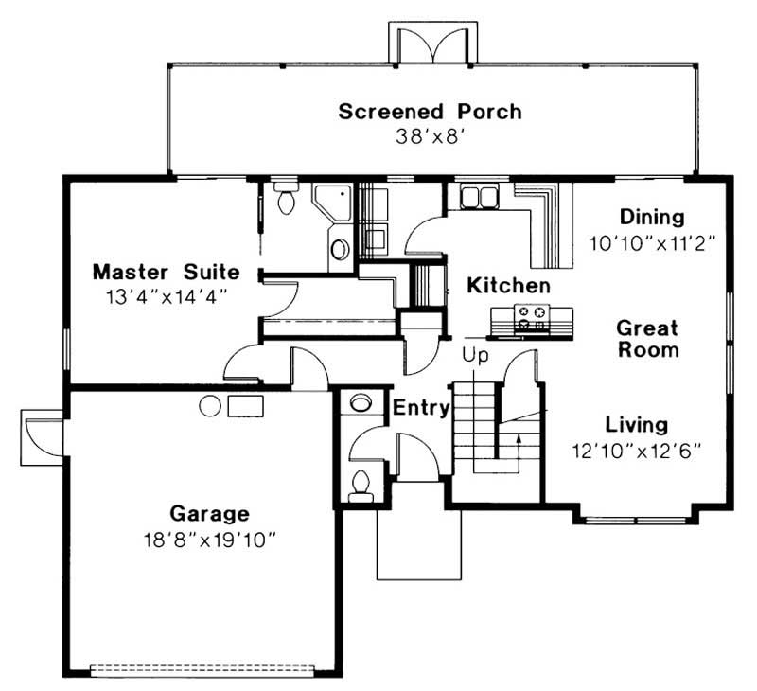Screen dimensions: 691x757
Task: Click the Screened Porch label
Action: coord(430,112)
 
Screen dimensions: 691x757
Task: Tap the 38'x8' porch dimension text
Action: coord(430,135)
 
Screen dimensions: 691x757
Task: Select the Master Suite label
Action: coord(166,273)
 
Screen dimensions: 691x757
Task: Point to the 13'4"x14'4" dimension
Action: coord(166,295)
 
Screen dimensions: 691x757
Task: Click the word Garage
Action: coord(209,515)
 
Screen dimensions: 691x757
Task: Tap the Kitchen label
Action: coord(508,285)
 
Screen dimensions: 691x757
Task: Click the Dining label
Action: coord(650,217)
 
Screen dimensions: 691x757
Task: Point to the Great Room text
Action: coord(648,339)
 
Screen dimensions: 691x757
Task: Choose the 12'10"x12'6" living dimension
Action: coord(636,450)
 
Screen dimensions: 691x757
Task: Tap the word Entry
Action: coord(419,409)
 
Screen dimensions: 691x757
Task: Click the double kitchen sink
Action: coord(481,196)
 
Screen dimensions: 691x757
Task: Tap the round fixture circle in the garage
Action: coord(210,406)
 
